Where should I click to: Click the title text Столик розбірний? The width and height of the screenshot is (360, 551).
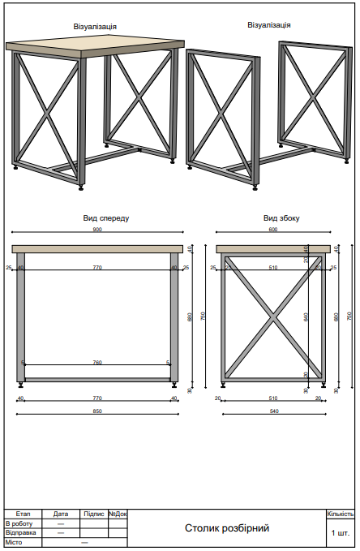[226, 528]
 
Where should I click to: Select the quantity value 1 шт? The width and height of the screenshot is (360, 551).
[340, 533]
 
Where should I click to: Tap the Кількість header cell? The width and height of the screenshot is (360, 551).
[340, 514]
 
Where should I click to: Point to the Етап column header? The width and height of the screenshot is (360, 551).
[23, 514]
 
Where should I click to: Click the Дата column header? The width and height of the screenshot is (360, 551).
[61, 514]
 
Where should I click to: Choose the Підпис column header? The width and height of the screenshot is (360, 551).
[93, 514]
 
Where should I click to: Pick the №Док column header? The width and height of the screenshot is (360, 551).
[118, 514]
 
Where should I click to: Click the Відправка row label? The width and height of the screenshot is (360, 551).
[20, 532]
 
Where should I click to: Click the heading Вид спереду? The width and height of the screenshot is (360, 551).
[105, 218]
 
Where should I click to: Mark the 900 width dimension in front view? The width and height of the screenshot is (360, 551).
[97, 230]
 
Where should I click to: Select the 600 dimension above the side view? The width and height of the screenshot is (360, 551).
[273, 230]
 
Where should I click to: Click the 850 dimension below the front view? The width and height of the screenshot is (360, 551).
[97, 411]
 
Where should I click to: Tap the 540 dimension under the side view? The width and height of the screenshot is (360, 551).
[273, 411]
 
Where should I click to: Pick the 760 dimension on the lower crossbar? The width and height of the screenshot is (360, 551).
[97, 363]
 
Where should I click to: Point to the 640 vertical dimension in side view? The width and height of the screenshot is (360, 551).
[306, 317]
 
